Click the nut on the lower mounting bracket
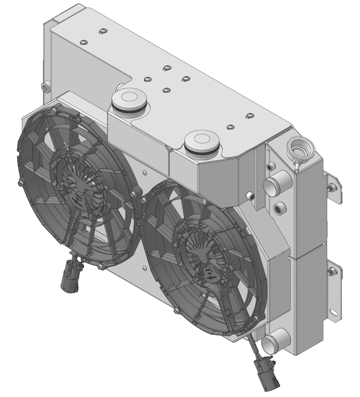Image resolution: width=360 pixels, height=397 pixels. [332, 273]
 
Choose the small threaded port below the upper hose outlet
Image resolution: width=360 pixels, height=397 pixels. [278, 208]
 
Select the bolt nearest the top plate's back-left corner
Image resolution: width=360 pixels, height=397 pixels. [101, 32]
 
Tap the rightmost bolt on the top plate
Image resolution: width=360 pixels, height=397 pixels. [249, 117]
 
